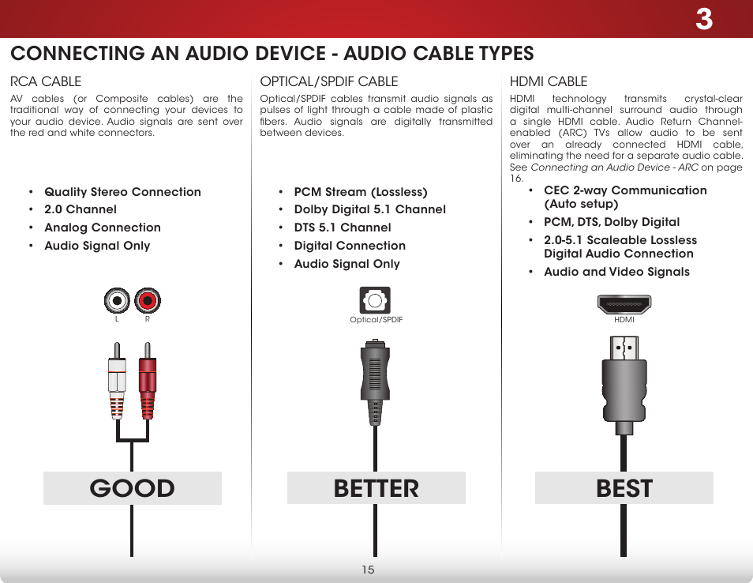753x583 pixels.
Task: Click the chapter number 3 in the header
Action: pos(703,20)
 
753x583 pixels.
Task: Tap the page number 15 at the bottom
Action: pos(368,570)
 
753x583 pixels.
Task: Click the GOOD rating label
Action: pos(133,488)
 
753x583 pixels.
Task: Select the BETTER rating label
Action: pos(376,488)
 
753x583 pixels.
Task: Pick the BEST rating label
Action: pos(624,488)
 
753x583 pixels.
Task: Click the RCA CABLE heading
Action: pos(45,81)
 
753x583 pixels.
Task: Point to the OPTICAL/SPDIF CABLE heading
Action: pos(329,81)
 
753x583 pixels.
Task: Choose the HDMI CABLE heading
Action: pos(549,81)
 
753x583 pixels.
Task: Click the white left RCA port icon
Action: pos(118,300)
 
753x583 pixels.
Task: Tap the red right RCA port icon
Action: pos(147,300)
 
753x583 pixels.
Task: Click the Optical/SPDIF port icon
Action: pos(376,300)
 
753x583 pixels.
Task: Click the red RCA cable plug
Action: pos(147,379)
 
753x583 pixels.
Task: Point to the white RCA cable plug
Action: pos(118,379)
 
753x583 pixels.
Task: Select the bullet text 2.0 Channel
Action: pos(80,209)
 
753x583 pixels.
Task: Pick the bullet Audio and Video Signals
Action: pos(616,272)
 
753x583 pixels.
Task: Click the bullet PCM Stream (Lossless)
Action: pos(360,192)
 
